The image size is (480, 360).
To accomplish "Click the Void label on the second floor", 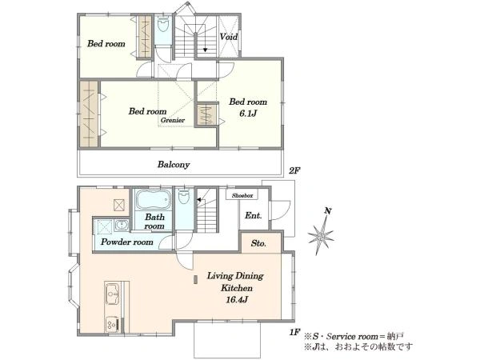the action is click(229, 37).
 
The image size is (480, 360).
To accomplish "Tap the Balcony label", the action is click(174, 165).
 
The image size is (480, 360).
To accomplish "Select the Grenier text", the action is click(173, 120).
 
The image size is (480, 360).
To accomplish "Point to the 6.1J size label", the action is click(248, 114).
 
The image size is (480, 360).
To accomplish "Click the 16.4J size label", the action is click(237, 300).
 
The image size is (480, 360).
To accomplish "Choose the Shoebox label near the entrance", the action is click(242, 195).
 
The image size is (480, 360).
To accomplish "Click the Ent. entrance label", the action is click(254, 215).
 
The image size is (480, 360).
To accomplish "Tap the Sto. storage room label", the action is click(258, 243).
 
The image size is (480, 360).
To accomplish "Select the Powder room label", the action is click(127, 242).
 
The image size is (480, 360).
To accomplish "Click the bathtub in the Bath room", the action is click(153, 199).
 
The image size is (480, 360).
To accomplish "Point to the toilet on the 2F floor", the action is click(163, 24).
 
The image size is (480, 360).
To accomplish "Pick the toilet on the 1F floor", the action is click(184, 197).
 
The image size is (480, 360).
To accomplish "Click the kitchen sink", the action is click(112, 294).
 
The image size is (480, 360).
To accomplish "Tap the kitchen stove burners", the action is click(112, 324).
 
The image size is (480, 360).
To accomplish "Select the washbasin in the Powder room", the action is click(122, 226).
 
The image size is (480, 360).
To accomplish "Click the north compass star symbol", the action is click(321, 236).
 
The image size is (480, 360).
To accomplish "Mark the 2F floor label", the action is click(294, 171).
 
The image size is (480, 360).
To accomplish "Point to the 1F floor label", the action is click(294, 333).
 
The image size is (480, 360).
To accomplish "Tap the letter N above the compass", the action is click(328, 211).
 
